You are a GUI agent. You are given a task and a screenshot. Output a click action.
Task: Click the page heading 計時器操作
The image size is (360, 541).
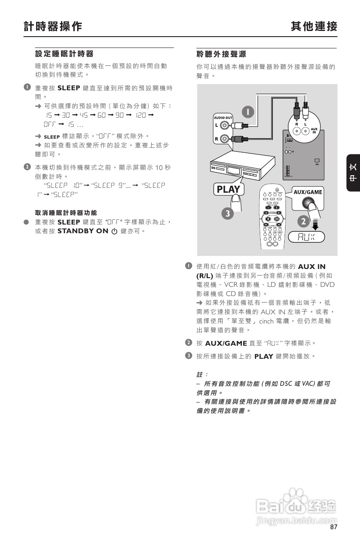[x=53, y=27]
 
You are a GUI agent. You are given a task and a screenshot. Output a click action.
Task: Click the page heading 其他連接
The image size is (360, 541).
[x=314, y=27]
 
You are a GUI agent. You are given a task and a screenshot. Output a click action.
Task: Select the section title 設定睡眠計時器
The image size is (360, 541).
[x=64, y=54]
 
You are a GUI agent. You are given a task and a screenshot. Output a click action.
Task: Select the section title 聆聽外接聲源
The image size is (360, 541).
[x=221, y=54]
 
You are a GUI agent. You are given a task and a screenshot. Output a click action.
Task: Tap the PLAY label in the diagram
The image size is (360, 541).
[x=228, y=189]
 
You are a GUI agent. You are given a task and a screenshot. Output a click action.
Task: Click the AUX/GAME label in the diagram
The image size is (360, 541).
[x=308, y=192]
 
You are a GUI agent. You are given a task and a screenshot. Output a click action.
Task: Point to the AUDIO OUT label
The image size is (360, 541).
[x=223, y=118]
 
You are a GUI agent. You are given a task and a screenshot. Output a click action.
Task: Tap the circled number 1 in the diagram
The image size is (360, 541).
[x=247, y=112]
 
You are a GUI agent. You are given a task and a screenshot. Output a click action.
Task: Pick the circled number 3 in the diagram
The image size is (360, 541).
[x=227, y=214]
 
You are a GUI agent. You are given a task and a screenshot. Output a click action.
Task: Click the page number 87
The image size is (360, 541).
[x=334, y=527]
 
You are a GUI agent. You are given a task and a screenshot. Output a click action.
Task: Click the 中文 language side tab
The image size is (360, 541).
[x=353, y=173]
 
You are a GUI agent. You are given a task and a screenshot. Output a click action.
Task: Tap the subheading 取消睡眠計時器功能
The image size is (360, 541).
[x=66, y=213]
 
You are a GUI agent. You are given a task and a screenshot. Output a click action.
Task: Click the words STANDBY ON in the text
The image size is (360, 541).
[x=82, y=231]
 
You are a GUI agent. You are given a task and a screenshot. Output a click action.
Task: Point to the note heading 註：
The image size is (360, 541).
[x=202, y=374]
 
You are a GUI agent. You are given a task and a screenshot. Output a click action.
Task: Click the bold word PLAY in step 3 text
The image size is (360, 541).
[x=264, y=356]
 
